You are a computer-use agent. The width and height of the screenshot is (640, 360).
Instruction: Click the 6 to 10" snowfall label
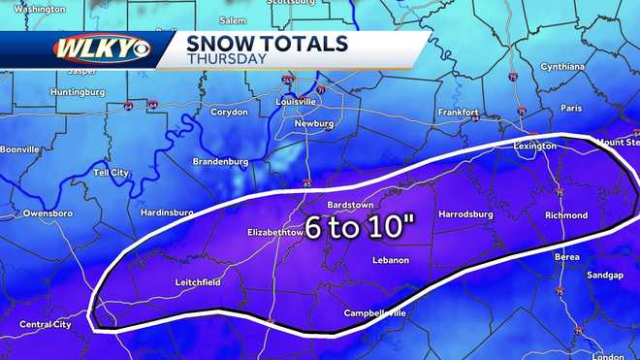click(361, 227)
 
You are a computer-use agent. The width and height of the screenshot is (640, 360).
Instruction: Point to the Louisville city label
click(296, 101)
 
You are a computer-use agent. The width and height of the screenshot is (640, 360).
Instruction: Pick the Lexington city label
click(535, 146)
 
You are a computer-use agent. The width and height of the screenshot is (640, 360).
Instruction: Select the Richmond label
click(566, 215)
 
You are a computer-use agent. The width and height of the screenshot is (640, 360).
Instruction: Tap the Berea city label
click(568, 257)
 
